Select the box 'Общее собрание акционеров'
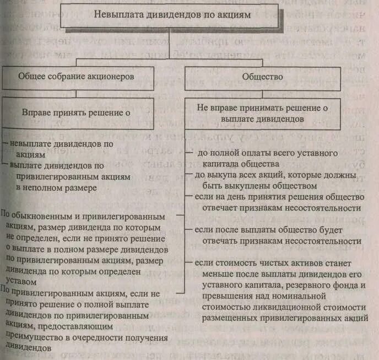(77, 77)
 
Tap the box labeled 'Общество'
(263, 77)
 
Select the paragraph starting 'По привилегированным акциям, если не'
(83, 320)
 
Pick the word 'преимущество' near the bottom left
(35, 340)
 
